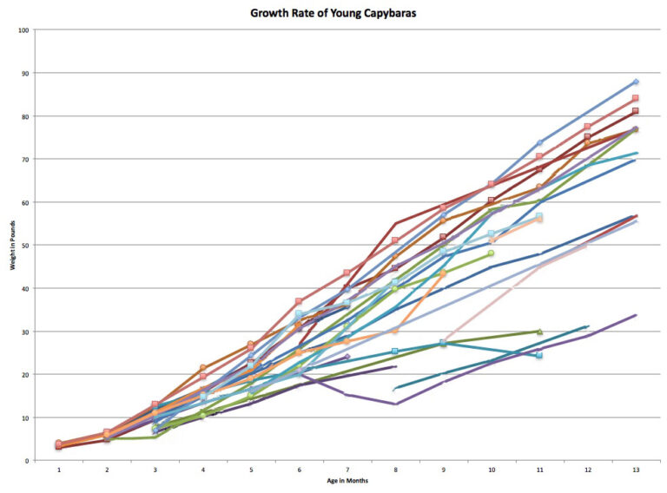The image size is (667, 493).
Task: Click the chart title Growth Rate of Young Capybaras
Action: click(x=333, y=13)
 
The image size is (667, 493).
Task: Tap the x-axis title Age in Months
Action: click(x=347, y=480)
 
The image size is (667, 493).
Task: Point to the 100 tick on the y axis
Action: click(x=24, y=30)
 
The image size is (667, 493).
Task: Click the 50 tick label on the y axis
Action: click(x=26, y=246)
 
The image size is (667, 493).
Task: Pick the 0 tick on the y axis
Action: click(x=28, y=461)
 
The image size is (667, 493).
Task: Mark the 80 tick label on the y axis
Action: click(x=26, y=116)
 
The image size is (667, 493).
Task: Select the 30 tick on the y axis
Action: click(x=26, y=332)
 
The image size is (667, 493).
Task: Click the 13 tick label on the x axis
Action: click(x=636, y=469)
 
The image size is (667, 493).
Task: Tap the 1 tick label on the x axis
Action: click(x=59, y=469)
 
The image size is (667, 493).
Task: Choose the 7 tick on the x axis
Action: click(x=347, y=469)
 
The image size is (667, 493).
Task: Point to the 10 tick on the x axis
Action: click(x=492, y=469)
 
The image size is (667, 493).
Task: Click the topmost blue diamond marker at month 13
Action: click(x=636, y=82)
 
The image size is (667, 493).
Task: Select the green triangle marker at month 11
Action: click(x=539, y=332)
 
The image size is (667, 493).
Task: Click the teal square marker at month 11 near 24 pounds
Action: click(x=539, y=355)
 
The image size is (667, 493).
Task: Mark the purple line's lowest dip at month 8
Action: click(x=395, y=404)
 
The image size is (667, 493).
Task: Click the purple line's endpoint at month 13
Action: click(x=636, y=315)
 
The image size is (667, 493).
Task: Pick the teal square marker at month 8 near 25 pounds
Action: click(x=395, y=352)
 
